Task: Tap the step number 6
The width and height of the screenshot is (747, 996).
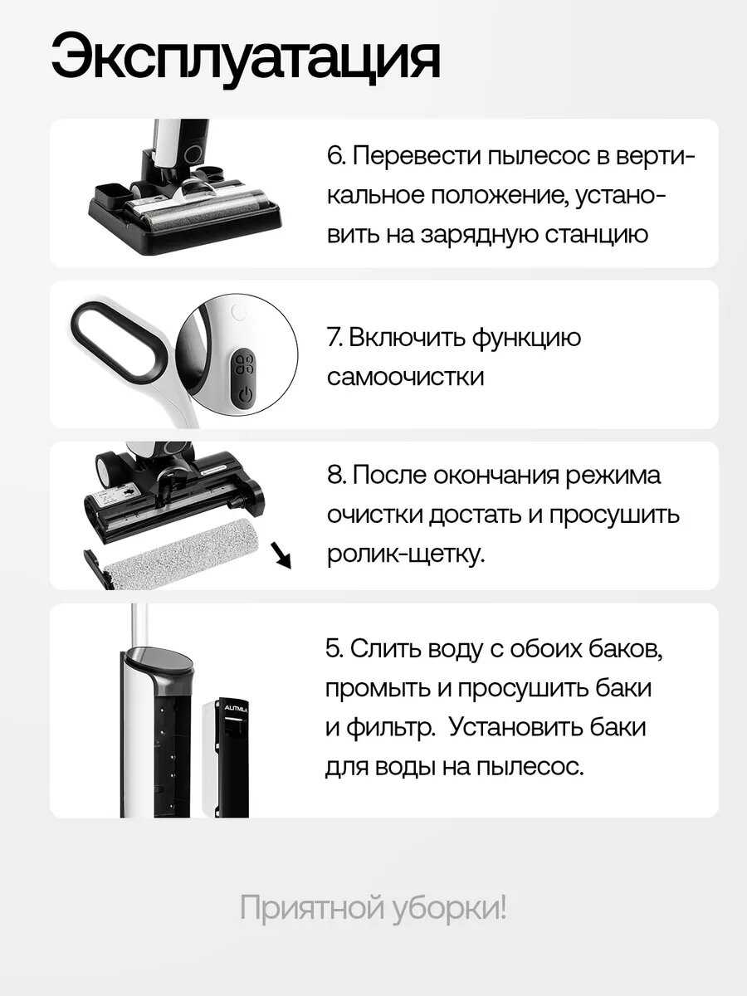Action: pyautogui.click(x=335, y=157)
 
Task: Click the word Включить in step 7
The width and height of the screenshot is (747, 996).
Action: pyautogui.click(x=407, y=338)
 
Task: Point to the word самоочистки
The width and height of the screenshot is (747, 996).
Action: pyautogui.click(x=406, y=378)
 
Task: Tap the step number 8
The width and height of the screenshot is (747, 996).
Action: pyautogui.click(x=335, y=476)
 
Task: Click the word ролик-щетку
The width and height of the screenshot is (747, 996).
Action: pyautogui.click(x=406, y=554)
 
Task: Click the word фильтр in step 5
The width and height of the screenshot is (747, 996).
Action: pyautogui.click(x=388, y=729)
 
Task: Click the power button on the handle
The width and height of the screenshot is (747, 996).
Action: pyautogui.click(x=245, y=394)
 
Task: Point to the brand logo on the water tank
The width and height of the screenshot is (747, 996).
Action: pyautogui.click(x=236, y=709)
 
